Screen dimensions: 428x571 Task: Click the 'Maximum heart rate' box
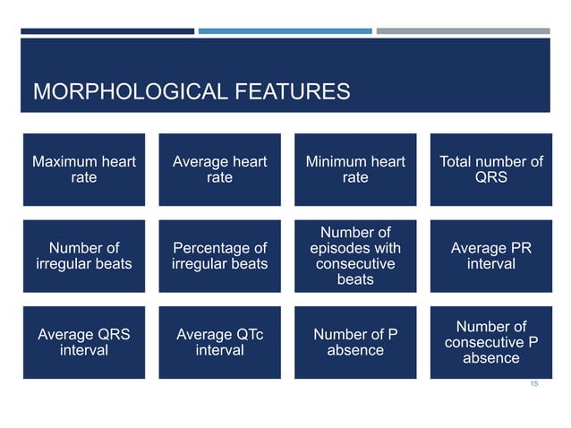[x=83, y=169]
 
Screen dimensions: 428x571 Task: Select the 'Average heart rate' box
[x=219, y=169]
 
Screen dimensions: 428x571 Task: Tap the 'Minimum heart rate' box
[x=355, y=169]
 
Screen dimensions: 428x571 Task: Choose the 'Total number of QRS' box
[x=491, y=169]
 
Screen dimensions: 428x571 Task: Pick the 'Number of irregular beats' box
[x=83, y=256]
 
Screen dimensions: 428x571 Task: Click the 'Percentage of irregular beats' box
[x=219, y=256]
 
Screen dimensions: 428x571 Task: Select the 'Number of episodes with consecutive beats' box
[x=355, y=256]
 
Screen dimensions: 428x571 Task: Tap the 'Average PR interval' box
[x=491, y=256]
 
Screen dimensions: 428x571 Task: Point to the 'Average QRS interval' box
[x=83, y=342]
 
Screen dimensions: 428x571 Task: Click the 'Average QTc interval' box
[x=219, y=342]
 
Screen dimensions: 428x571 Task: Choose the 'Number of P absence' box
[x=355, y=342]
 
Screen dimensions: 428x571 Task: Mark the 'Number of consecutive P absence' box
[x=491, y=342]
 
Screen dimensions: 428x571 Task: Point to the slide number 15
[x=534, y=383]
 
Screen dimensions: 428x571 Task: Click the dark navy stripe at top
[x=107, y=30]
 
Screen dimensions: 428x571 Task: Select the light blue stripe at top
[x=285, y=30]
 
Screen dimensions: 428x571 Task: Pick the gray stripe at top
[x=463, y=30]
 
